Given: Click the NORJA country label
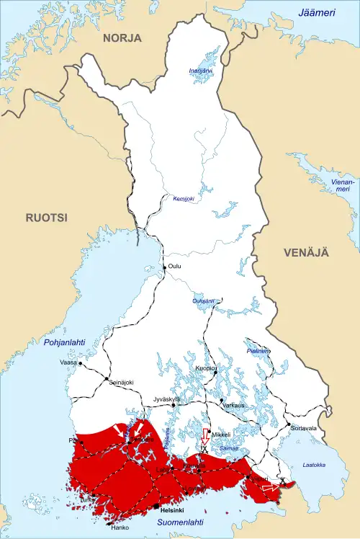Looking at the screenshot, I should [122, 38].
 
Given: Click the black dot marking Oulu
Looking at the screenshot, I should [165, 267].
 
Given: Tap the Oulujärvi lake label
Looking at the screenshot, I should [204, 300].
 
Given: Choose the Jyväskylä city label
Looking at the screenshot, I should [166, 398].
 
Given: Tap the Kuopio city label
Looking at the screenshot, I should [207, 367].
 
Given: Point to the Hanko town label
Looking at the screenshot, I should [120, 526].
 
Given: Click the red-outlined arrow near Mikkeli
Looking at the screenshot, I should [204, 437].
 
